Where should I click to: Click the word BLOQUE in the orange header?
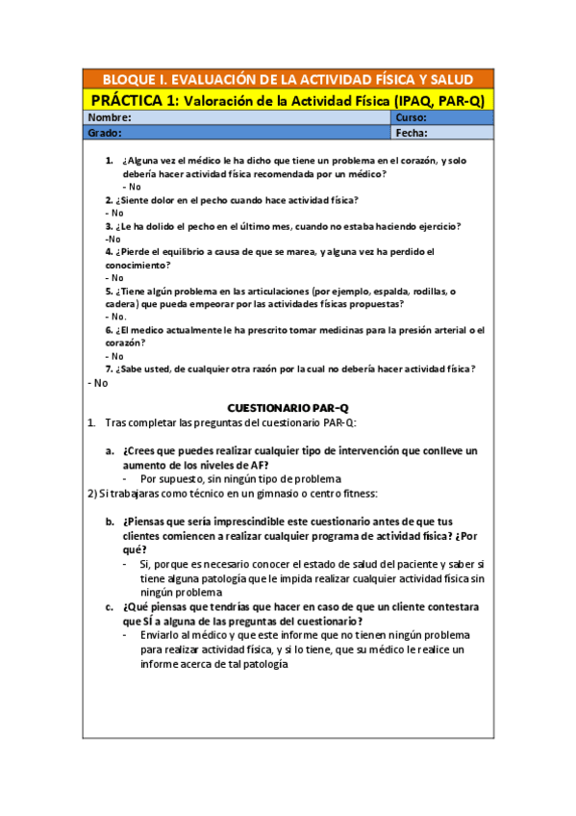click(x=128, y=80)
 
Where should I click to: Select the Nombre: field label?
click(x=110, y=117)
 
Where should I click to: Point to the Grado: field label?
click(x=105, y=133)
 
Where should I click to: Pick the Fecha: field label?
click(x=412, y=133)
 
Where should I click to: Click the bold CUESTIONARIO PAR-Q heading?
click(x=288, y=408)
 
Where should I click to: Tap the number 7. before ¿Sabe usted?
click(x=110, y=369)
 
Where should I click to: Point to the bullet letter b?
click(x=110, y=522)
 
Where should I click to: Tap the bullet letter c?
click(x=110, y=607)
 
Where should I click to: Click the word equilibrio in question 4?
click(x=180, y=251)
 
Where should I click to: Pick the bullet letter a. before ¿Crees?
click(x=110, y=450)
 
